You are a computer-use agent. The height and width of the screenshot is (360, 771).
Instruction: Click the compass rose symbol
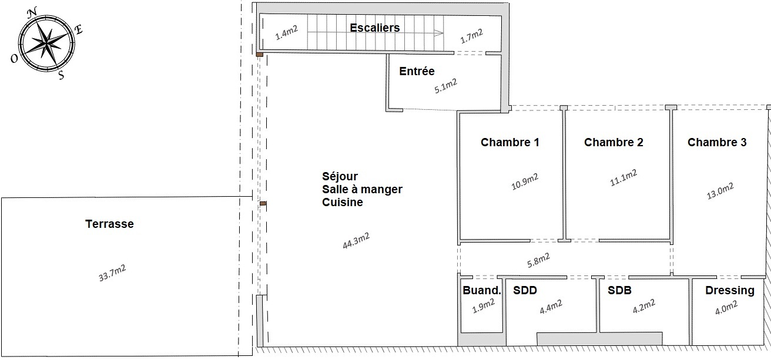click(x=46, y=42)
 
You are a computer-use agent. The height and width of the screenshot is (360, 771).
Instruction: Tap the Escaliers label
click(x=374, y=28)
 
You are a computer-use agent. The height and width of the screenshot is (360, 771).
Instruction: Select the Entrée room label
click(x=417, y=72)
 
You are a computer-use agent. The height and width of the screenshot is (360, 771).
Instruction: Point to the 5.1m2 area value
click(x=445, y=86)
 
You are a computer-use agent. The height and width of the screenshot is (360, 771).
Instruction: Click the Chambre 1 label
click(x=509, y=142)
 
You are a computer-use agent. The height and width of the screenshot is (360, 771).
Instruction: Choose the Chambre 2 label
click(x=614, y=142)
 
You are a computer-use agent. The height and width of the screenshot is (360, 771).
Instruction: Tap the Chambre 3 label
click(x=717, y=142)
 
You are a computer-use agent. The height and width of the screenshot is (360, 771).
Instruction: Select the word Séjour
click(x=340, y=176)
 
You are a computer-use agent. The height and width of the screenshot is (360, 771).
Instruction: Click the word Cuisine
click(x=343, y=202)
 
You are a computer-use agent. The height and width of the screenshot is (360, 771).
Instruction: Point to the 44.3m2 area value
click(x=356, y=241)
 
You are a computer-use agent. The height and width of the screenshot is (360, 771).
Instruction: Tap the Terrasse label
click(x=109, y=224)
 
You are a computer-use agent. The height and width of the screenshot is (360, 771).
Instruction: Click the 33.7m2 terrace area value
click(x=112, y=273)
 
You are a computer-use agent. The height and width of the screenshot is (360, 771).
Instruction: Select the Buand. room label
click(x=482, y=290)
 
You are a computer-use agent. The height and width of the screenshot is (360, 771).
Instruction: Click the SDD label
click(x=525, y=290)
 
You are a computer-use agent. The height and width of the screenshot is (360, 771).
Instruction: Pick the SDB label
click(x=619, y=290)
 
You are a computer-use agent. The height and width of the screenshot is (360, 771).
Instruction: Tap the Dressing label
click(x=729, y=290)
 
